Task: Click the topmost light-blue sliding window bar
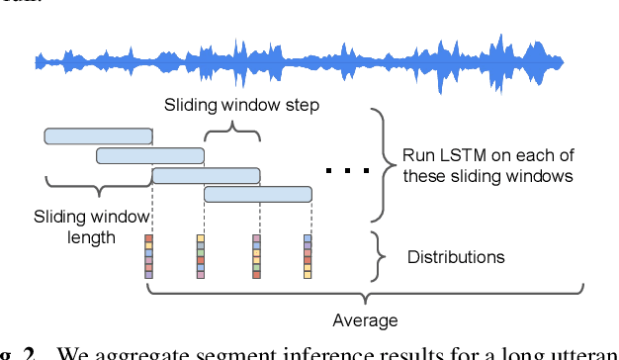point(98,135)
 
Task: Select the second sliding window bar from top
point(149,155)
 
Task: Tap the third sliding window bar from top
point(206,175)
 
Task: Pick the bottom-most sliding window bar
point(257,194)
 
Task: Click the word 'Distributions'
point(456,257)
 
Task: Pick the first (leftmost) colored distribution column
point(149,256)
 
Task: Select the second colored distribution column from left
point(201,256)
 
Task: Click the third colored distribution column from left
point(256,256)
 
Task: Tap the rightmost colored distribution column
point(308,256)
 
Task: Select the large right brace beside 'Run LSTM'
point(379,164)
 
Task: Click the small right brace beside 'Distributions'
point(378,257)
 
